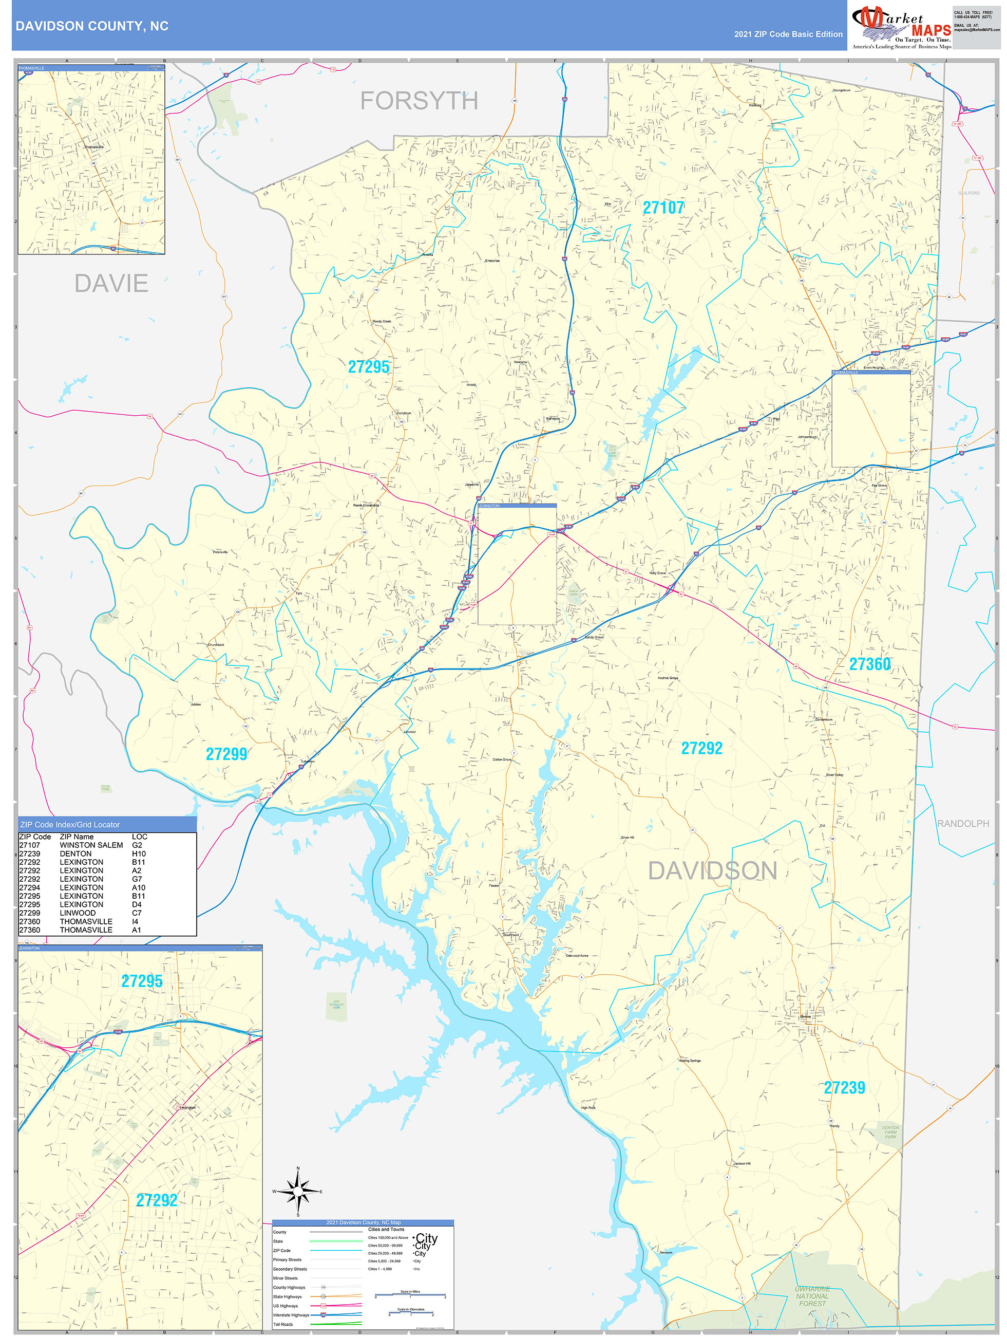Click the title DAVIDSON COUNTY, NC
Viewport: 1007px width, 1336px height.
click(x=92, y=26)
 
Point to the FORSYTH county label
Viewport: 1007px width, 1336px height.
click(x=419, y=101)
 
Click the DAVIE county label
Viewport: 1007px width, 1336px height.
click(x=111, y=283)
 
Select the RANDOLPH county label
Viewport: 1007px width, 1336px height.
click(x=962, y=823)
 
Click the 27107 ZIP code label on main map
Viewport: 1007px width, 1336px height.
click(x=663, y=208)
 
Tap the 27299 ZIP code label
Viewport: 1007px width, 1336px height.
click(x=226, y=754)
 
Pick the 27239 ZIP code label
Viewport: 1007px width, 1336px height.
click(x=844, y=1088)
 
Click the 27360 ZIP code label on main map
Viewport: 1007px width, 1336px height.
click(x=869, y=664)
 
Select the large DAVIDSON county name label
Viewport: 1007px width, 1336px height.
click(x=712, y=870)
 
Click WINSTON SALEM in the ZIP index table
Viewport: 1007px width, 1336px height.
click(x=91, y=845)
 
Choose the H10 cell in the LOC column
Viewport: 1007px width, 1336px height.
click(x=138, y=853)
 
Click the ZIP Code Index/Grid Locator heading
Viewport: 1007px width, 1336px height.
click(x=70, y=824)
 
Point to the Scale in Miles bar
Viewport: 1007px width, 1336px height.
click(x=410, y=1295)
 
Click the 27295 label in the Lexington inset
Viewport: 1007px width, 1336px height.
click(x=142, y=981)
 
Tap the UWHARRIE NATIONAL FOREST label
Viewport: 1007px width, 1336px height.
click(x=812, y=1296)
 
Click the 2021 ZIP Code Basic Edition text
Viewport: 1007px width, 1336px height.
click(x=788, y=34)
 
